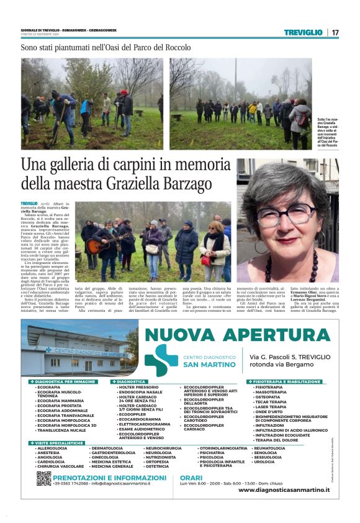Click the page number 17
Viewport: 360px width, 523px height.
pyautogui.click(x=335, y=32)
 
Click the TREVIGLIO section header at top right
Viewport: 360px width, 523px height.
pyautogui.click(x=304, y=32)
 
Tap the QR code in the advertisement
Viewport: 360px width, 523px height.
pyautogui.click(x=43, y=478)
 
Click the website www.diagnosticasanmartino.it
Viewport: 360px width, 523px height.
pyautogui.click(x=284, y=490)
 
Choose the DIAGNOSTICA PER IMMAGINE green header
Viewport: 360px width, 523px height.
pyautogui.click(x=65, y=381)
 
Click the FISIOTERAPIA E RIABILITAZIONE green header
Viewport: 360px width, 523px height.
pyautogui.click(x=287, y=381)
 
